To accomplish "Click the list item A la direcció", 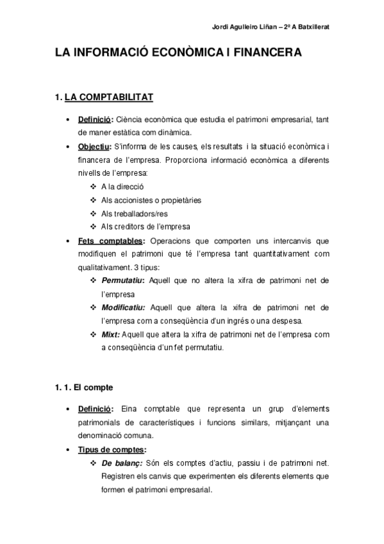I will click(x=122, y=187).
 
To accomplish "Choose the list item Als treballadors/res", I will click(x=134, y=214).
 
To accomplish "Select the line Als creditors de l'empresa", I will click(x=146, y=227).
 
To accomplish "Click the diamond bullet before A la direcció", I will click(x=94, y=187).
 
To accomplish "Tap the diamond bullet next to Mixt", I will click(x=94, y=334).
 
